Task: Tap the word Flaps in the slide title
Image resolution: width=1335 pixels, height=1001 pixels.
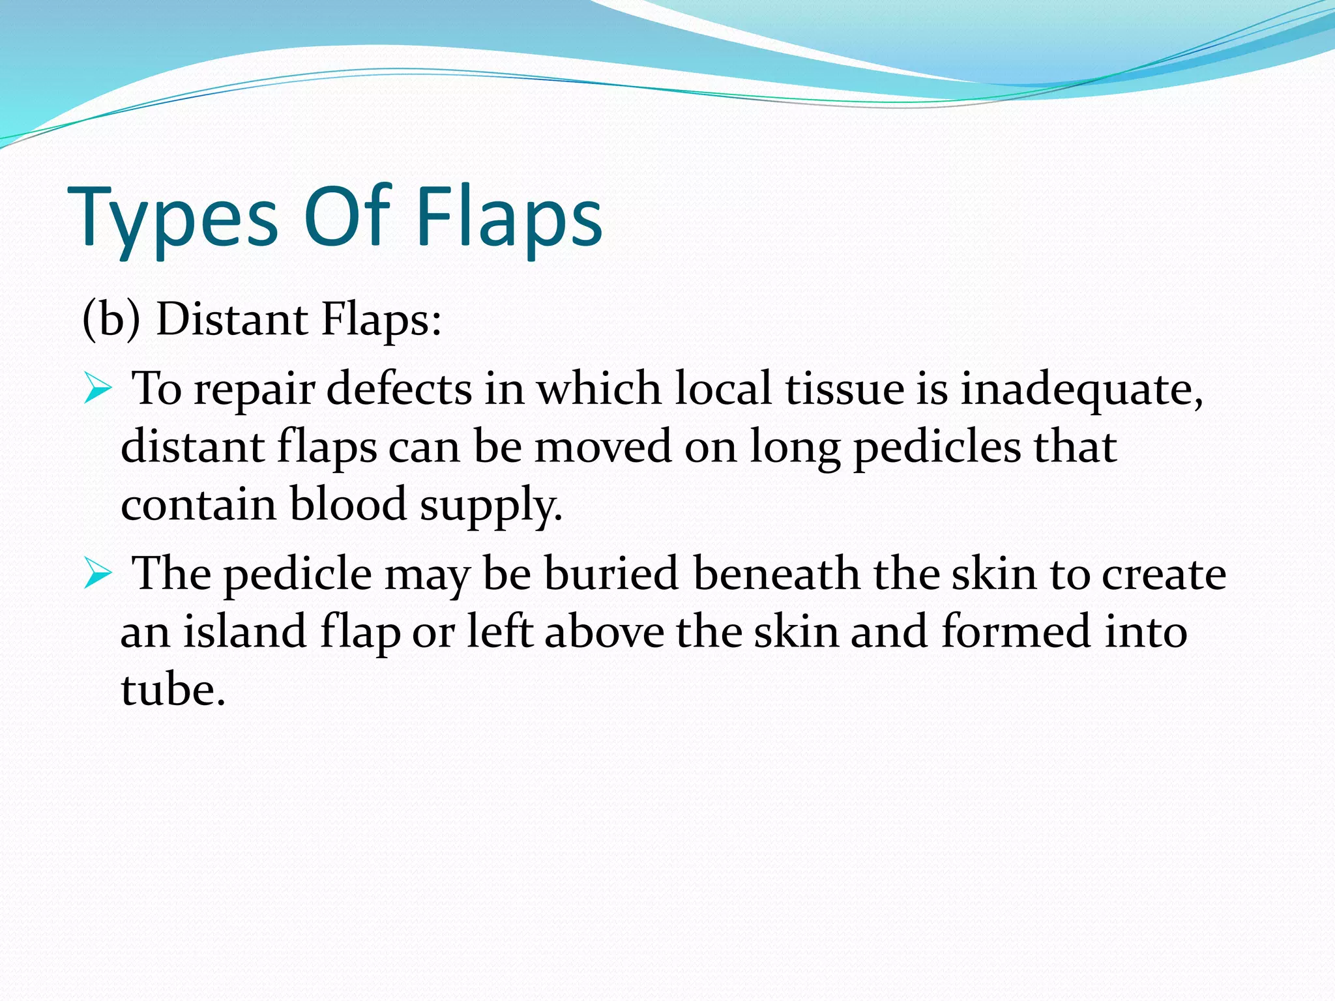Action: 509,218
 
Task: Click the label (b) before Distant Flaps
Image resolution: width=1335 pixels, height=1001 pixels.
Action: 111,319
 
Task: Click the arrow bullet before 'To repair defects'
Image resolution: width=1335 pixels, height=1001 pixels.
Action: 98,391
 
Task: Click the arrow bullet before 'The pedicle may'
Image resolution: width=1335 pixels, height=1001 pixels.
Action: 98,576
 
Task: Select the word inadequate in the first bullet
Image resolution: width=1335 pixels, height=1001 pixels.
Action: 1081,390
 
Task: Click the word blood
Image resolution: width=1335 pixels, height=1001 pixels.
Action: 347,504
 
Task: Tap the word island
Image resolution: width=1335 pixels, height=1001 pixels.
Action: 244,631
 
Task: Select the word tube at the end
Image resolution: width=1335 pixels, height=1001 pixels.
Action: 172,689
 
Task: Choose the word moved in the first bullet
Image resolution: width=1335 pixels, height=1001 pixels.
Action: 603,447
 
